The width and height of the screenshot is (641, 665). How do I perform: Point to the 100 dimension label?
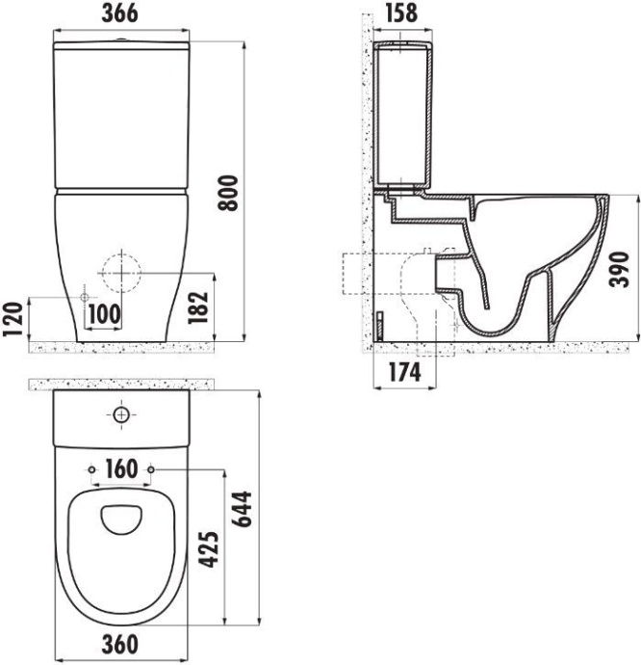click(x=104, y=313)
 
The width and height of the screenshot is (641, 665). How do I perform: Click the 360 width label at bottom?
click(x=121, y=644)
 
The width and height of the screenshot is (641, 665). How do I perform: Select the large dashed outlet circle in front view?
click(x=120, y=272)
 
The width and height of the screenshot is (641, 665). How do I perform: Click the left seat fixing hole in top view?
click(x=90, y=471)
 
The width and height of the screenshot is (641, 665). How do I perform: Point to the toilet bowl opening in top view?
click(x=121, y=519)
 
